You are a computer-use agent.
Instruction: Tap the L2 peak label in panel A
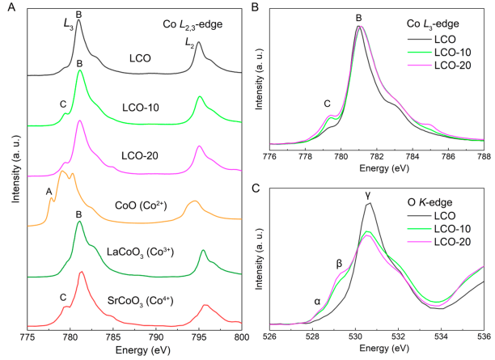(188, 40)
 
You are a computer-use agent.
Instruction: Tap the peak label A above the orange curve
(49, 191)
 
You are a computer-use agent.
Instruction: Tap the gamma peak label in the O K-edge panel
(368, 195)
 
